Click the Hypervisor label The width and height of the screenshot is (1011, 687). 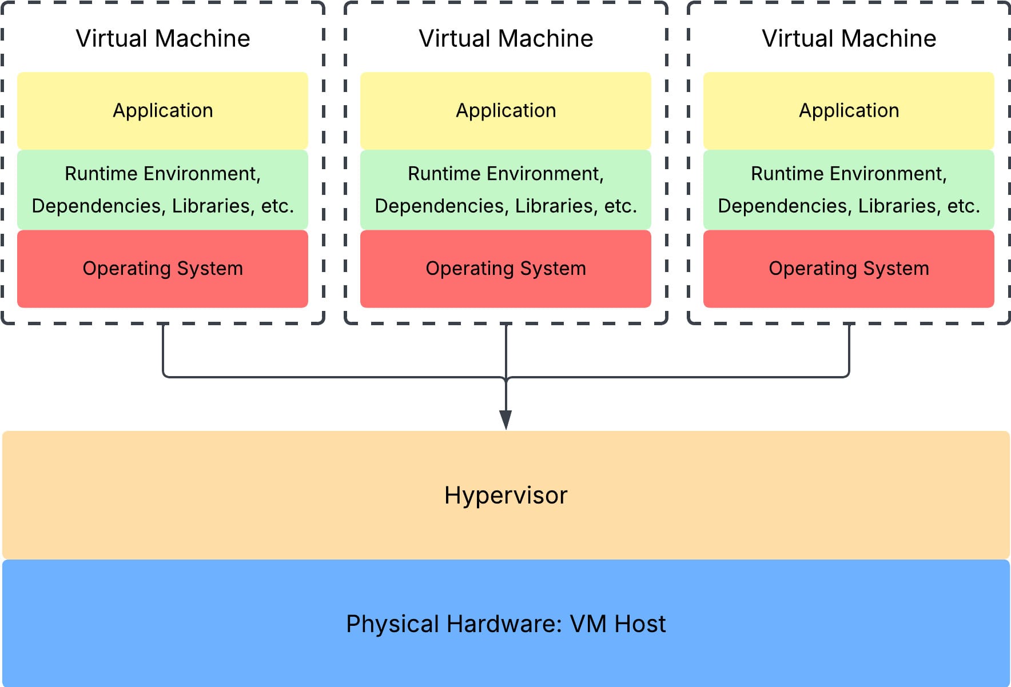(x=505, y=495)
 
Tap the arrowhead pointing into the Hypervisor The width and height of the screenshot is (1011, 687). (x=505, y=420)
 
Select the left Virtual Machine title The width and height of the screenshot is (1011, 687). (x=163, y=38)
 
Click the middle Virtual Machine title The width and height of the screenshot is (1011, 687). (x=505, y=38)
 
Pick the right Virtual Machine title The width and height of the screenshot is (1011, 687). (x=849, y=38)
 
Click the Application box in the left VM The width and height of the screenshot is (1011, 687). (x=163, y=110)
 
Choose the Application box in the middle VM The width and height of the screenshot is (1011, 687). (x=505, y=110)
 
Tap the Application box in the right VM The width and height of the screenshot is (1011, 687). (x=849, y=110)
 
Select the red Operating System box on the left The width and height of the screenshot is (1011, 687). (x=163, y=269)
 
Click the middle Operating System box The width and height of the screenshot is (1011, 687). (x=505, y=269)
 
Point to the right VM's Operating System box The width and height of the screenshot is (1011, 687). (x=849, y=269)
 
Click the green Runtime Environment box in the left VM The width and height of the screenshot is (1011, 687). (x=163, y=189)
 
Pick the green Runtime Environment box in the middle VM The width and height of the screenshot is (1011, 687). (x=505, y=189)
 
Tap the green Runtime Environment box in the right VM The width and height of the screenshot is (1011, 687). (x=849, y=189)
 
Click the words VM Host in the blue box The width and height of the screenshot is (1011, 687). (x=618, y=624)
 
